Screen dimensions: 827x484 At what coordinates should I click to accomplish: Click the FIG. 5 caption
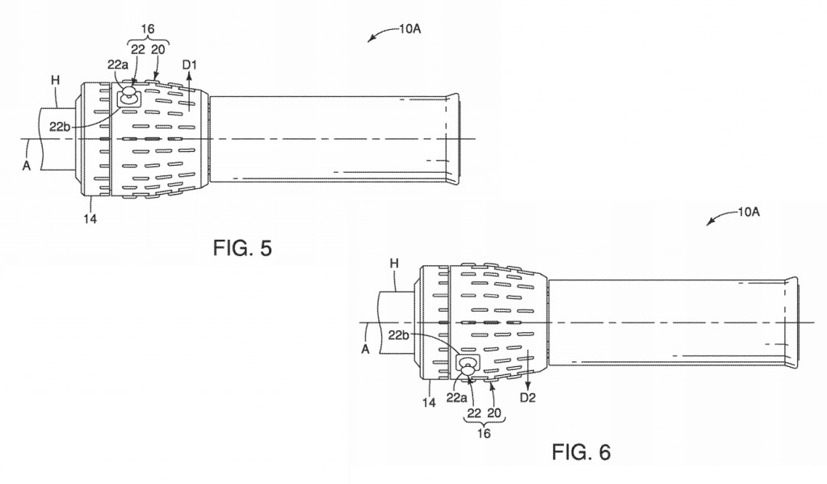(242, 247)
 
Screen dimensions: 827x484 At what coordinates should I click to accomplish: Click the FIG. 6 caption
(581, 452)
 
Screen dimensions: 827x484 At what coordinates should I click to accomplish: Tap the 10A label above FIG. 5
(409, 29)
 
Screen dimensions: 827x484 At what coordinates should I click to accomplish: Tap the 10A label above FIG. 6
(749, 213)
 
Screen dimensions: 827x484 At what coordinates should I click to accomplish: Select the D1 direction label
(189, 65)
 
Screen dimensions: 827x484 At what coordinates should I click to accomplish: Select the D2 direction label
(528, 398)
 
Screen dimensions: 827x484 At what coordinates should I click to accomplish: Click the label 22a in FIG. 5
(118, 65)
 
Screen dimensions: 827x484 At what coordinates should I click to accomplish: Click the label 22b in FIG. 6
(399, 335)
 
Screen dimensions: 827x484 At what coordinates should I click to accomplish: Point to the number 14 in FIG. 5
(90, 218)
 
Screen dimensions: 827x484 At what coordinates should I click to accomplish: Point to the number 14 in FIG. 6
(430, 402)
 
